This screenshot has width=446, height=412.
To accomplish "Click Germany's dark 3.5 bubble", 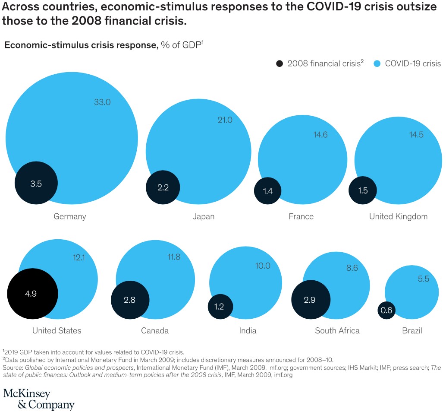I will point(36,183).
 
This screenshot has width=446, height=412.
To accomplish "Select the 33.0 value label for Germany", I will point(102,102).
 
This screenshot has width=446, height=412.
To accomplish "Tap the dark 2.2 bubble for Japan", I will point(163,188).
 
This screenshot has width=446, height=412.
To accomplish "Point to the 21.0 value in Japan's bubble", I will point(225,120).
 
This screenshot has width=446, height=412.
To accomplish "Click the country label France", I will point(301,216).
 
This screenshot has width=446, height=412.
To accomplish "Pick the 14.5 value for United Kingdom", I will point(416,135).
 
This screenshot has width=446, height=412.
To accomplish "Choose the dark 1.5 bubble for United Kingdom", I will point(363,190).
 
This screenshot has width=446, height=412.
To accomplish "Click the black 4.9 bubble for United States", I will point(32,293).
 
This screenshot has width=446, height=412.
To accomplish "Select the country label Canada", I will point(155,331).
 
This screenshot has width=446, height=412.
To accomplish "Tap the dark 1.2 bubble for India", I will point(221,307).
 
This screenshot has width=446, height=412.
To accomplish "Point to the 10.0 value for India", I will point(262,266).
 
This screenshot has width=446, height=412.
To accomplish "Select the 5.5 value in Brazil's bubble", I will point(423,279).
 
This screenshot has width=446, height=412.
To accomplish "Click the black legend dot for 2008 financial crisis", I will point(280,63).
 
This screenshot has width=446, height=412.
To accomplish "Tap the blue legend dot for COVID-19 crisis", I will point(377,63).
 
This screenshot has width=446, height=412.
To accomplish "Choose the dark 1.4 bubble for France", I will point(267,190).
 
